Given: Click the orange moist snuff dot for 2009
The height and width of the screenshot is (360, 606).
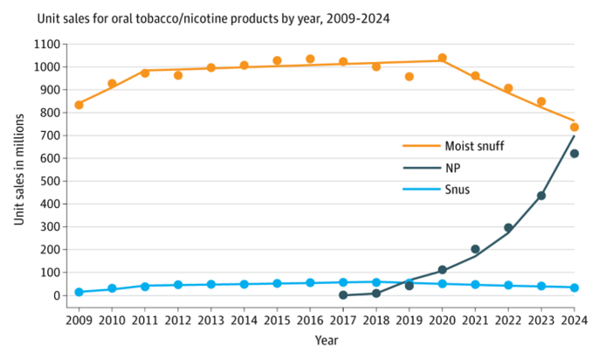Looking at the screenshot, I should point(79,105).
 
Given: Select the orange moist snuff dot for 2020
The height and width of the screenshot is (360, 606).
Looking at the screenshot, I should point(443,58).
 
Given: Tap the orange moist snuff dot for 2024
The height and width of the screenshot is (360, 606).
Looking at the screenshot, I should point(575,128).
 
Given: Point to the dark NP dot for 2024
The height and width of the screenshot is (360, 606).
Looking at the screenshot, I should point(575,154).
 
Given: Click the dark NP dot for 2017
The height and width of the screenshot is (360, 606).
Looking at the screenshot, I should point(343,295).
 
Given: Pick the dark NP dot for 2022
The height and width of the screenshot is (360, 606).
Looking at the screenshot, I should point(508,228).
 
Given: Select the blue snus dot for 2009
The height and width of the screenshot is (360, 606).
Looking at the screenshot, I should point(79,292).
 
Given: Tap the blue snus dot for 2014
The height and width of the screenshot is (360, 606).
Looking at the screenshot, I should point(244,284).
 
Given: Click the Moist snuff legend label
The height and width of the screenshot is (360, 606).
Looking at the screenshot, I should point(474,146).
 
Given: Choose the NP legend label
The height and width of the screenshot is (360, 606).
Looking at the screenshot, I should point(454,168).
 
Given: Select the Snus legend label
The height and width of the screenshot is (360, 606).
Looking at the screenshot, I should point(458,190).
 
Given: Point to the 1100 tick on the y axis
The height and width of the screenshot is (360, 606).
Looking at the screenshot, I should point(49,44).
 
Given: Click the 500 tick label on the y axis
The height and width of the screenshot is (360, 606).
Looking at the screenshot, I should point(52,181).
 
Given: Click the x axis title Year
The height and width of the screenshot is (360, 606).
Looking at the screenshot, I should point(327,339).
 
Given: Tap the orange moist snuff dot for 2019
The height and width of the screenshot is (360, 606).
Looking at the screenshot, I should point(410,77).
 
